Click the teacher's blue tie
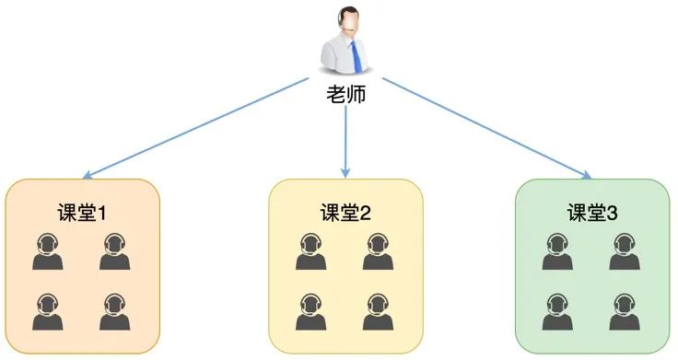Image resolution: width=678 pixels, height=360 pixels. click(x=355, y=56)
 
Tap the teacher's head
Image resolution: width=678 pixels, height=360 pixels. click(x=347, y=20)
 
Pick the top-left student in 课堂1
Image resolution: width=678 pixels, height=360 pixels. click(x=48, y=252)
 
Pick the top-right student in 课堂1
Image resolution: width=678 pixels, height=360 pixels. click(x=114, y=252)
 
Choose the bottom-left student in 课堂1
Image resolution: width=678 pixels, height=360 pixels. click(x=48, y=311)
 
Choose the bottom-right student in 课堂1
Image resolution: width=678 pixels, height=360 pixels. click(x=114, y=311)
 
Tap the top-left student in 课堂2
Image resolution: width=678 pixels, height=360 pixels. click(x=311, y=252)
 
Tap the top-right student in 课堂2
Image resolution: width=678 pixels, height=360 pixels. click(x=378, y=252)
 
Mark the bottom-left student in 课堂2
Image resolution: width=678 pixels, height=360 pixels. click(x=311, y=311)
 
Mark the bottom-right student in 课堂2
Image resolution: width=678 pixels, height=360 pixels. click(x=378, y=311)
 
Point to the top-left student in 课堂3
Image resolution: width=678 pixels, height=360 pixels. click(x=557, y=252)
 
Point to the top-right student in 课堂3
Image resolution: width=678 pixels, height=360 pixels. click(x=624, y=252)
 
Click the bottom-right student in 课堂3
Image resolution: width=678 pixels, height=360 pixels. click(x=624, y=311)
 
